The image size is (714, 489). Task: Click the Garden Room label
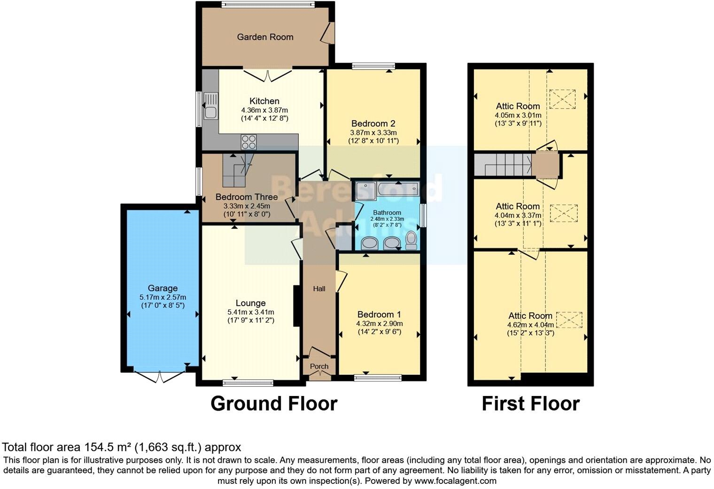tap(265, 37)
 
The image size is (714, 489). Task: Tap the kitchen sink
tap(210, 107)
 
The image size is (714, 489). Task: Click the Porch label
tap(319, 366)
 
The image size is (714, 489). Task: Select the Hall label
tap(319, 289)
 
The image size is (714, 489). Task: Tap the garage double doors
tap(160, 376)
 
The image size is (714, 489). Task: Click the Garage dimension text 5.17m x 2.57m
tap(163, 297)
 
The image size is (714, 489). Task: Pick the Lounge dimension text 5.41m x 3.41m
tap(251, 312)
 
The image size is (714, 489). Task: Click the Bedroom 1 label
tap(379, 314)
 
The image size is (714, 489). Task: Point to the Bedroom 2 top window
tap(373, 66)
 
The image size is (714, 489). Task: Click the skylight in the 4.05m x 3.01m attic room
tap(562, 99)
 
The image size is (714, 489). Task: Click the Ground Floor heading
tap(274, 404)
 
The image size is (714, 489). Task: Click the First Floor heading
tap(530, 404)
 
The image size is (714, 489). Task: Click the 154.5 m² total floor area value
tap(109, 447)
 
